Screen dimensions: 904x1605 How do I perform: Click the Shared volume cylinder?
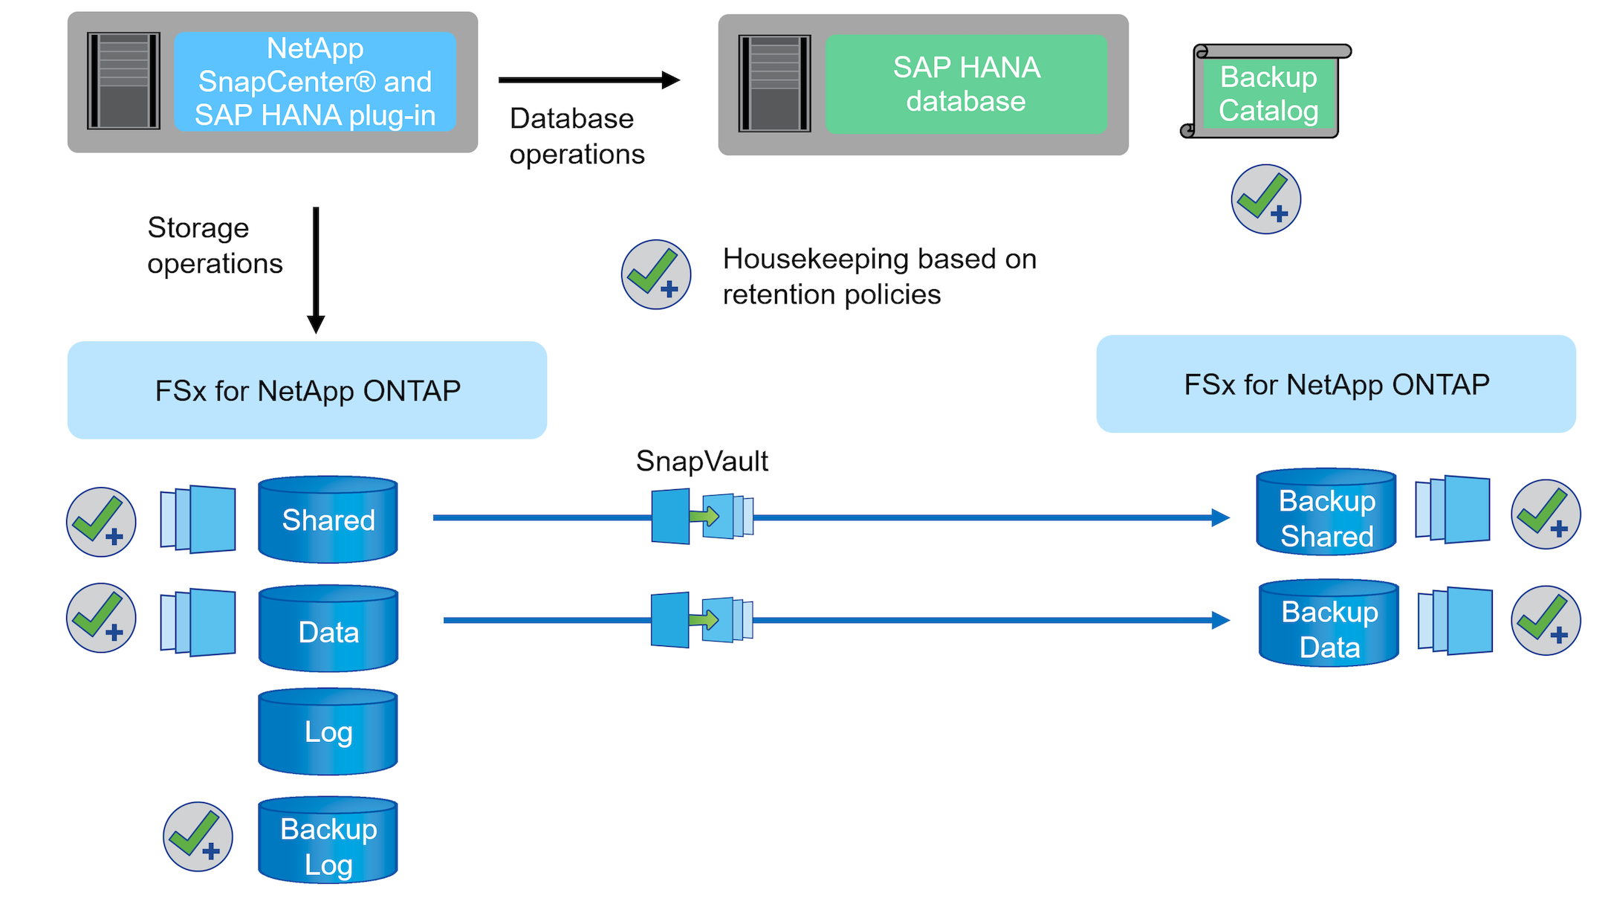(x=328, y=520)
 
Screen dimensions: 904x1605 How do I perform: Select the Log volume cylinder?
(x=328, y=732)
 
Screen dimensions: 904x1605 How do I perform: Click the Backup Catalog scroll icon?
(x=1267, y=92)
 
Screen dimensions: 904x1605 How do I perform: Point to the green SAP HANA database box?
(x=966, y=84)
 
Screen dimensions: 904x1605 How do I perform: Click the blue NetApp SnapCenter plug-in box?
(x=315, y=82)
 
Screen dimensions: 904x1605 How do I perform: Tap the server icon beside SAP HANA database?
(x=774, y=83)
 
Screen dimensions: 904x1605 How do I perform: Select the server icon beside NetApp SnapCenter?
(x=123, y=80)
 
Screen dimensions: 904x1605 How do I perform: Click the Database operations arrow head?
(x=670, y=80)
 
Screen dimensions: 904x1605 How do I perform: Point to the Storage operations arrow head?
(x=316, y=324)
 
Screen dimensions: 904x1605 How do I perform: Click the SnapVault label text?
(x=701, y=461)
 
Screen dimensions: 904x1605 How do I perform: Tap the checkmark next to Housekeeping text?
(x=656, y=274)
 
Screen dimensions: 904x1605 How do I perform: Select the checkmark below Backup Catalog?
(x=1265, y=199)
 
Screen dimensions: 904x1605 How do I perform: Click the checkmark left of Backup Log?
(x=198, y=836)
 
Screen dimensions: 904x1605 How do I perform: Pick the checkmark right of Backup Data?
(x=1546, y=621)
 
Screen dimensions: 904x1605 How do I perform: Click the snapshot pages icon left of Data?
(x=198, y=622)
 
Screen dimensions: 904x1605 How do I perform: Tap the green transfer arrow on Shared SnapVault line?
(x=704, y=516)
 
